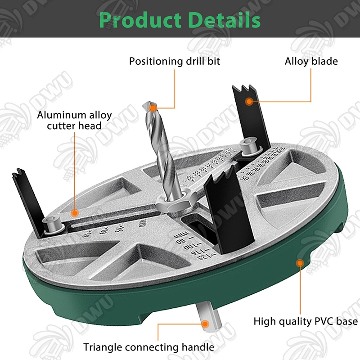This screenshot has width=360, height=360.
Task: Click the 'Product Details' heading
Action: click(180, 20)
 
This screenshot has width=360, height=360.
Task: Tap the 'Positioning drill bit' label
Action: click(175, 61)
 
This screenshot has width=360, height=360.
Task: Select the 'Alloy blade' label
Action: click(311, 61)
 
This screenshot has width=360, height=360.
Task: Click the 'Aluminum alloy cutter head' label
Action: click(74, 120)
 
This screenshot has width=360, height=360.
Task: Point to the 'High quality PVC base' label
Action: click(306, 321)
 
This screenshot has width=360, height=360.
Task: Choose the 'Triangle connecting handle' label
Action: click(148, 347)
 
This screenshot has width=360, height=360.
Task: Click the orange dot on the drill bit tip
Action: click(152, 108)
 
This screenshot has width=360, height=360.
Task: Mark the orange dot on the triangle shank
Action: click(205, 323)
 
